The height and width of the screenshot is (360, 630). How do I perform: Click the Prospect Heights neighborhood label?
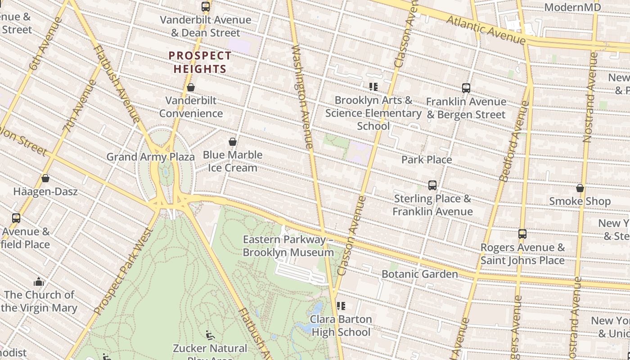coord(200,63)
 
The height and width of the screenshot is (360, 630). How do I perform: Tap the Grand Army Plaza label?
coord(150,157)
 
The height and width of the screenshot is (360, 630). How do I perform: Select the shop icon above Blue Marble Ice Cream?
coord(233,142)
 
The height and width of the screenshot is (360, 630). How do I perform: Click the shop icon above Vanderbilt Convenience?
coord(191,87)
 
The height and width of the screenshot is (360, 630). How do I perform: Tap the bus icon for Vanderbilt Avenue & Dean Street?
coord(206,7)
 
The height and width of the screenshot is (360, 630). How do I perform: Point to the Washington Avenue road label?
coord(302,96)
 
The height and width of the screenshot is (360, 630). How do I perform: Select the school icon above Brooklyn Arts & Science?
coord(373,86)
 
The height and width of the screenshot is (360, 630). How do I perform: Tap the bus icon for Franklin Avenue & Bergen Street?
coord(466,88)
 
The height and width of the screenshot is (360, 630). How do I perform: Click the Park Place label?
coord(427,160)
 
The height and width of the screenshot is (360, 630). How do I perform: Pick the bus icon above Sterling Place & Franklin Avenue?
coord(432,185)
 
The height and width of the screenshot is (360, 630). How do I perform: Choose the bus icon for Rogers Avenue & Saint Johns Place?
coord(522,234)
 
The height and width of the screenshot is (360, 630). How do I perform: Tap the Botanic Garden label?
coord(419,274)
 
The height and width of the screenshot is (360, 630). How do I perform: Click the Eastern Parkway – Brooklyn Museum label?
coord(288,246)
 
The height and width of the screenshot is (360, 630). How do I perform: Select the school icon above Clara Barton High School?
coord(341,306)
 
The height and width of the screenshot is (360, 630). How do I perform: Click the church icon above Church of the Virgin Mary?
coord(39,282)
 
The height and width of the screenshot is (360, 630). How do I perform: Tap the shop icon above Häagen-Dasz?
coord(45,178)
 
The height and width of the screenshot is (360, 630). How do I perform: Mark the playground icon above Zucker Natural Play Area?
coord(210,335)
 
